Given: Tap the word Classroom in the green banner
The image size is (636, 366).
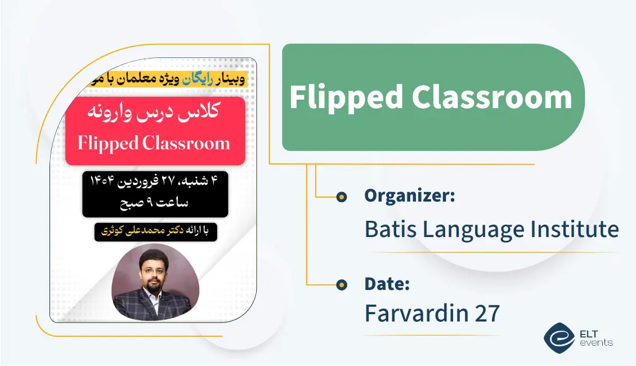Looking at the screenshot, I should pyautogui.click(x=492, y=97).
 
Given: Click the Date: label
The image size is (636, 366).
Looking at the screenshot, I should pyautogui.click(x=387, y=284).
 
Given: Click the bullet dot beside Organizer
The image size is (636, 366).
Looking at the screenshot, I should pyautogui.click(x=341, y=197).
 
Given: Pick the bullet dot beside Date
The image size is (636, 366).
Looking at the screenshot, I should pyautogui.click(x=341, y=285).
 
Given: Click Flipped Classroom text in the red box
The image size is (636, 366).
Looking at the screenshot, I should pyautogui.click(x=154, y=143).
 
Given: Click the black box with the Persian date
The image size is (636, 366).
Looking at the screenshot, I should pyautogui.click(x=155, y=194).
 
